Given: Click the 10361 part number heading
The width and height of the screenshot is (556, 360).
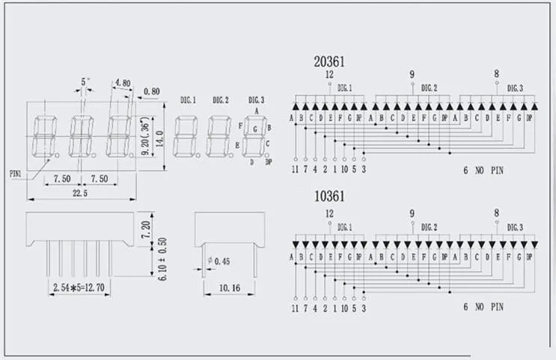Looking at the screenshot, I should pos(329,197).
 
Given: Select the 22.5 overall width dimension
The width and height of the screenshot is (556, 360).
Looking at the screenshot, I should pos(81,192).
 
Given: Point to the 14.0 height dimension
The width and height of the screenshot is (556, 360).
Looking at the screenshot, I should pos(160,135).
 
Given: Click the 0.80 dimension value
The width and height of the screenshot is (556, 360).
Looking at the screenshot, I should pos(151,93).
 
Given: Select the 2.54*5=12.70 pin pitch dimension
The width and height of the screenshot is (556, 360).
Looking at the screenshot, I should pos(78,287).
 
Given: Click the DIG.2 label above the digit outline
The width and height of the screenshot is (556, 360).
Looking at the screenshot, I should pos(220,100).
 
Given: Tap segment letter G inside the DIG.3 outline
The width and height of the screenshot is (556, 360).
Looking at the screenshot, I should pos(255,129).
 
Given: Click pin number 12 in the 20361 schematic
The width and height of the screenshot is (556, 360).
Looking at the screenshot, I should pos(329,75).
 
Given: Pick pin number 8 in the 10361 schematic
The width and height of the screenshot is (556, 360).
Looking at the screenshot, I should pos(496,213).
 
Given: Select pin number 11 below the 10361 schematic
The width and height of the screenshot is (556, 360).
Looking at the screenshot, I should pos(296,308).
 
